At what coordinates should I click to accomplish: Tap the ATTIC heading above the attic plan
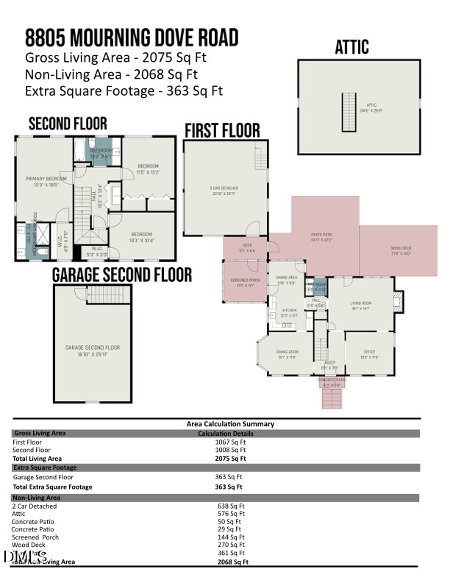pyautogui.click(x=351, y=48)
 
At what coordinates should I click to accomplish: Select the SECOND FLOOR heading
pyautogui.click(x=68, y=124)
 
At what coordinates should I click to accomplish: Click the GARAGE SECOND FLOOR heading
pyautogui.click(x=122, y=275)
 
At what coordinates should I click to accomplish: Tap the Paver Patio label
pyautogui.click(x=322, y=237)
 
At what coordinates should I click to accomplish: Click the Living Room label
pyautogui.click(x=360, y=305)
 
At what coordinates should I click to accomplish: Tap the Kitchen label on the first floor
pyautogui.click(x=290, y=313)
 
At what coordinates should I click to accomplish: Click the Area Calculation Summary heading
pyautogui.click(x=230, y=424)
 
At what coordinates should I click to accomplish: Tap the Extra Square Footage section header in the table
pyautogui.click(x=45, y=467)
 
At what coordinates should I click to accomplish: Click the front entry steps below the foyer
pyautogui.click(x=332, y=397)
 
